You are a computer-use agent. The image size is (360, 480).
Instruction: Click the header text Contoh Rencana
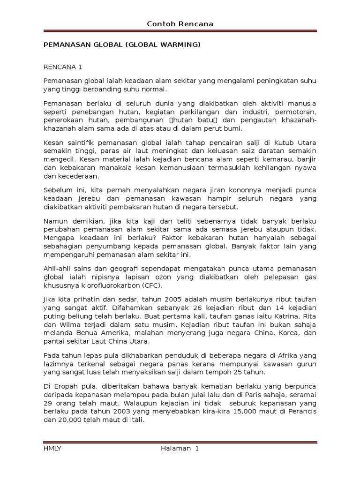(180, 24)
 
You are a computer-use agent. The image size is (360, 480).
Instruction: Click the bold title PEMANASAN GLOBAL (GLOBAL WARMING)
(122, 45)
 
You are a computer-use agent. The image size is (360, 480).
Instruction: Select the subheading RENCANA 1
(63, 67)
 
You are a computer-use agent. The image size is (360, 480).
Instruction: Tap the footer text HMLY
(52, 449)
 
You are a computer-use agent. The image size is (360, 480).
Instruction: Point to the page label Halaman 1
(180, 449)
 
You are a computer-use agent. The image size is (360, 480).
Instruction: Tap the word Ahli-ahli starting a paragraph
(58, 268)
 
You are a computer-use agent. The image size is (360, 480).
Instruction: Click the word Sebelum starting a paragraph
(59, 189)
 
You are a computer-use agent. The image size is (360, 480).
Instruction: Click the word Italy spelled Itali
(136, 420)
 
